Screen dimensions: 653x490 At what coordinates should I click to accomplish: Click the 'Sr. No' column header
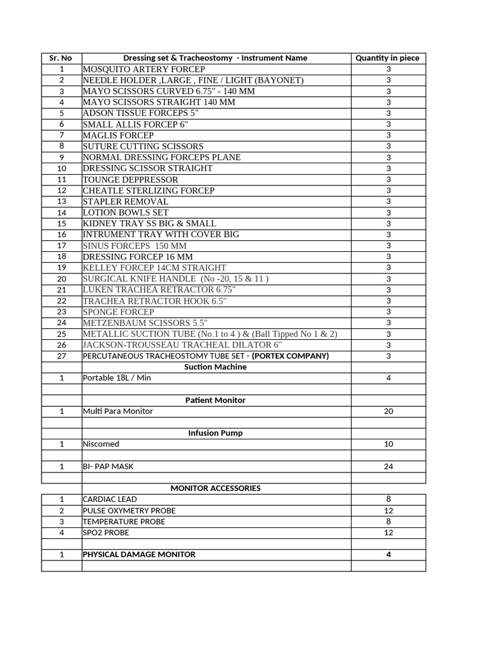tap(61, 58)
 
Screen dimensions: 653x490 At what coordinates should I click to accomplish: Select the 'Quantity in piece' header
tap(387, 58)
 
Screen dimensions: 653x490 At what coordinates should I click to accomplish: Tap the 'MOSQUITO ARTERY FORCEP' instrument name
tap(144, 69)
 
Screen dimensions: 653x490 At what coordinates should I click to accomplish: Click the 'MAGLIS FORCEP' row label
tap(118, 135)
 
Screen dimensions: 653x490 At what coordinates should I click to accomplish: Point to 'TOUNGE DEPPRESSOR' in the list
tap(130, 180)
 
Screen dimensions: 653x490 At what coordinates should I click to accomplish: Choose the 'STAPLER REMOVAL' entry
tap(126, 202)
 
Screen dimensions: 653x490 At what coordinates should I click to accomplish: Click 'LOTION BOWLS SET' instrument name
tap(126, 212)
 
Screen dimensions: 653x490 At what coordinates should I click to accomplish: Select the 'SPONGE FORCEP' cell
tap(118, 312)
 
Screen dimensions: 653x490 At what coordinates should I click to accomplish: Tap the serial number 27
tap(61, 356)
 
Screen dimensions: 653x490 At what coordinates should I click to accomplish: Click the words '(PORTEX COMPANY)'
tap(290, 356)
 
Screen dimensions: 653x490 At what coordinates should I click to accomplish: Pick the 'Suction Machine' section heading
tap(215, 367)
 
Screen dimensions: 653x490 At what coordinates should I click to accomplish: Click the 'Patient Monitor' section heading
tap(215, 400)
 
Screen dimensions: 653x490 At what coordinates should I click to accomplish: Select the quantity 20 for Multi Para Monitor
tap(388, 411)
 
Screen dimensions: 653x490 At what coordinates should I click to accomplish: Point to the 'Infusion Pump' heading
tap(215, 433)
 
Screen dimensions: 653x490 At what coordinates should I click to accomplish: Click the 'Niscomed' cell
tap(101, 444)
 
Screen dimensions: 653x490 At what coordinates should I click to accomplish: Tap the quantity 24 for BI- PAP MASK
tap(388, 466)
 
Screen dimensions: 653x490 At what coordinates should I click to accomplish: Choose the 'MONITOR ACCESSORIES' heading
tap(215, 488)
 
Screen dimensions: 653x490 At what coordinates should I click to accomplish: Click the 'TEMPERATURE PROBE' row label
tap(124, 522)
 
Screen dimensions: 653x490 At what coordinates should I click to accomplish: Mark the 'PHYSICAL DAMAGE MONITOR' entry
tap(139, 555)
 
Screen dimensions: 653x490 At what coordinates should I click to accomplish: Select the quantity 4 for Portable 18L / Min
tap(388, 378)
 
